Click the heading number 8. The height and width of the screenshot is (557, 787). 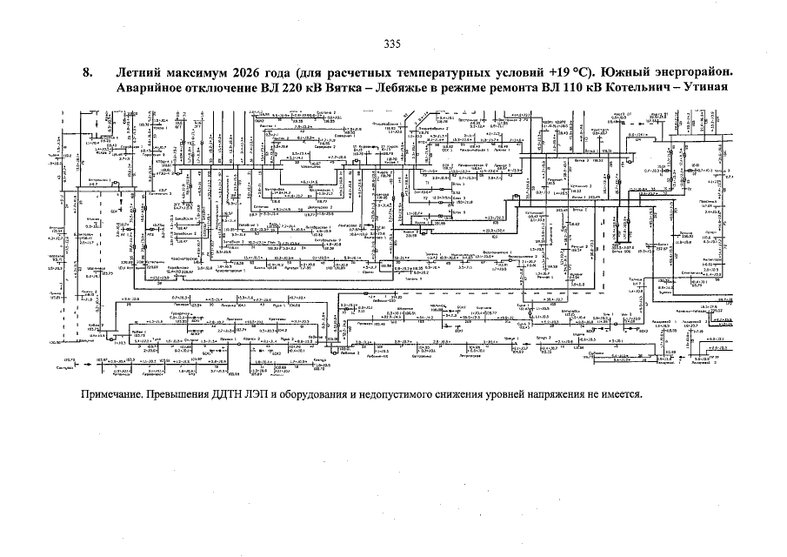pos(87,72)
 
